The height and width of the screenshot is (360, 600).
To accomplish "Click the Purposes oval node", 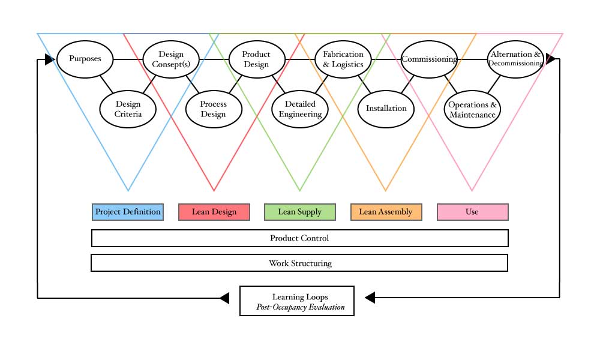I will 85,59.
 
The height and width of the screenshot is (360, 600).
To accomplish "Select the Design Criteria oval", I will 128,109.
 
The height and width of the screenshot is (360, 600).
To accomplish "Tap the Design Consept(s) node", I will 171,59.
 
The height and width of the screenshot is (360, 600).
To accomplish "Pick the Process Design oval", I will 214,109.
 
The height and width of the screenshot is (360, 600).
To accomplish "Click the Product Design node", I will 256,59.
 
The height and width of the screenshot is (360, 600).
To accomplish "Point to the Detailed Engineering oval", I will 300,109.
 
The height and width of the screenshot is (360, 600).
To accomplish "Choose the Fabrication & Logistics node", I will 343,59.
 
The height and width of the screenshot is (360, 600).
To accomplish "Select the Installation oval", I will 386,109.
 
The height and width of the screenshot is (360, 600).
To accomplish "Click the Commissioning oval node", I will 429,59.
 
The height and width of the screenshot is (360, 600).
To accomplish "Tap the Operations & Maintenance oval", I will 472,109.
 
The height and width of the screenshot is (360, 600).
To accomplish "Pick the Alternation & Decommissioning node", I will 515,59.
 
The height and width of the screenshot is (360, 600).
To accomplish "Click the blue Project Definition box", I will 128,212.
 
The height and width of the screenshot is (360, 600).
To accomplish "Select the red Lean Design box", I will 214,212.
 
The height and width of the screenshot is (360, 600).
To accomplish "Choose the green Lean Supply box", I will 300,212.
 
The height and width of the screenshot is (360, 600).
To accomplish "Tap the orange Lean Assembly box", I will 386,212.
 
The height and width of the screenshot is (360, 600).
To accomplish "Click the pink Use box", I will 472,212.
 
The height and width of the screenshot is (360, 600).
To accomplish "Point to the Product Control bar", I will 299,238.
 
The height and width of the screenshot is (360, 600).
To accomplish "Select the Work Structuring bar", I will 299,263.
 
